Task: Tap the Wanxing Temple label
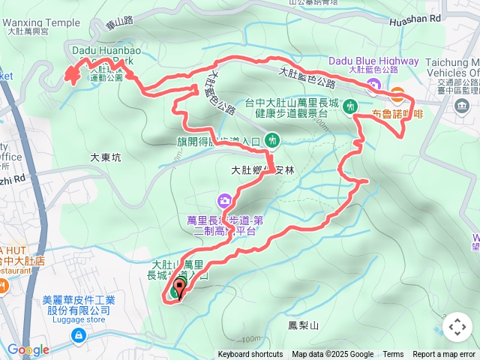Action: [x=43, y=22]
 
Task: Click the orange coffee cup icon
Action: [x=397, y=94]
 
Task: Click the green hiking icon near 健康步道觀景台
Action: [x=349, y=106]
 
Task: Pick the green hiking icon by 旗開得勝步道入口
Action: [x=271, y=139]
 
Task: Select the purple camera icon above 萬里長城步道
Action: [x=224, y=200]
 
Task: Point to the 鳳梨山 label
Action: [x=304, y=325]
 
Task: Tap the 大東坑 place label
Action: [x=105, y=157]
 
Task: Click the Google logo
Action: [x=28, y=349]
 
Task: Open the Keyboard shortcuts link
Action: [x=250, y=355]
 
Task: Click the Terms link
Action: [x=393, y=355]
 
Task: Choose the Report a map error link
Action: [x=444, y=355]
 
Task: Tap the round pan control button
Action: [x=457, y=327]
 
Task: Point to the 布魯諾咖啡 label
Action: [x=397, y=115]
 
